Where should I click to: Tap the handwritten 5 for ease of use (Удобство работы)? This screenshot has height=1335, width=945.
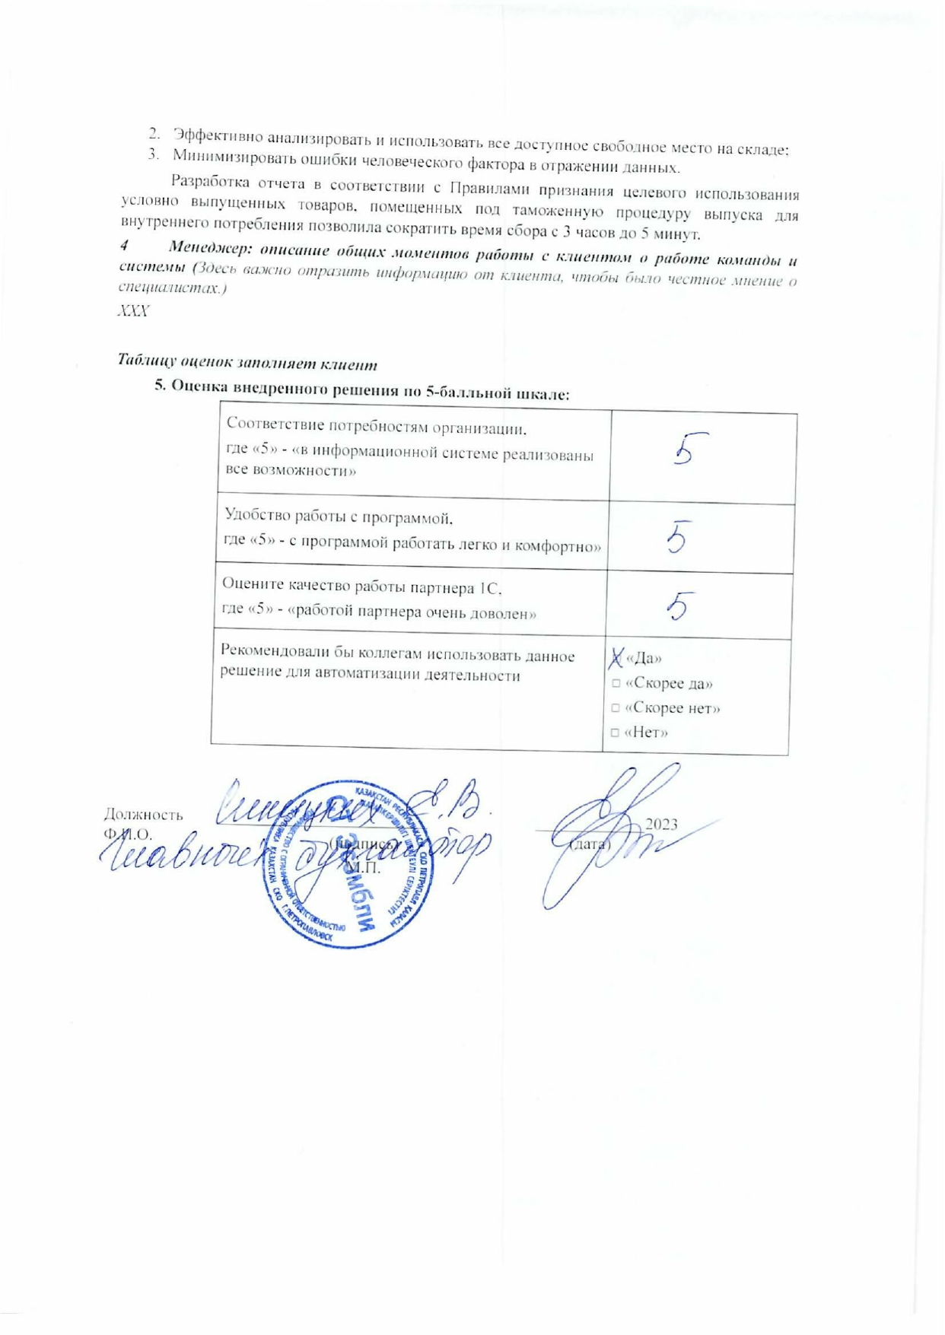click(679, 537)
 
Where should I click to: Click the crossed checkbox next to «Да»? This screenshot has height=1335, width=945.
click(616, 657)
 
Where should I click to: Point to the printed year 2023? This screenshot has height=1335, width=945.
click(660, 825)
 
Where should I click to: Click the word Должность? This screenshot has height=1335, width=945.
click(143, 815)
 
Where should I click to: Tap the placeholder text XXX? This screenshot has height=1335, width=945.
click(133, 311)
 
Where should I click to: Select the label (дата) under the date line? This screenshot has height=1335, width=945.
click(590, 844)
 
